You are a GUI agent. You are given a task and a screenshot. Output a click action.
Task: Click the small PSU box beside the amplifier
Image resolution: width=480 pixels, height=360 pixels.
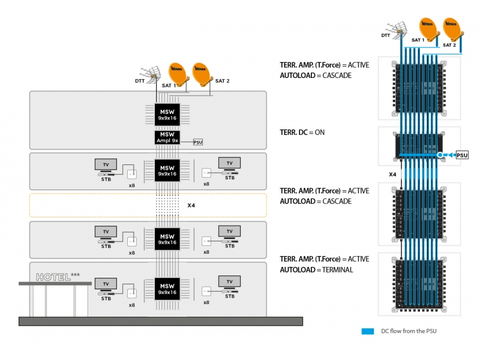pos(198,143)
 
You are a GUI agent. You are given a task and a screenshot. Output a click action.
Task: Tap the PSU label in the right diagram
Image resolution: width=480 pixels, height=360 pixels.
pos(462,155)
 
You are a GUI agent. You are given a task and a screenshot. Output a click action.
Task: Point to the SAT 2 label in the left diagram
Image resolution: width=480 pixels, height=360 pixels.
pos(223,80)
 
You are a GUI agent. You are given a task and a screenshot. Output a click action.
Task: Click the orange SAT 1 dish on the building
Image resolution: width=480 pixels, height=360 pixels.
pos(177,73)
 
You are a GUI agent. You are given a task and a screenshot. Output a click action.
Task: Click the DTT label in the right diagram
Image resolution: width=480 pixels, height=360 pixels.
pos(386,35)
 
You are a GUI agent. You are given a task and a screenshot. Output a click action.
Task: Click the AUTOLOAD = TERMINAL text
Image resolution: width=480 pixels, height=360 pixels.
pos(316,270)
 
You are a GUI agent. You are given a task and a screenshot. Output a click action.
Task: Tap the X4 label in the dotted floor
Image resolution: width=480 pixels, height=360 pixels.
pos(191,205)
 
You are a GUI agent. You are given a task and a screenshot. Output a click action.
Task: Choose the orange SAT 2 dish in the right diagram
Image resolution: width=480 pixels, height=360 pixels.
pos(451,29)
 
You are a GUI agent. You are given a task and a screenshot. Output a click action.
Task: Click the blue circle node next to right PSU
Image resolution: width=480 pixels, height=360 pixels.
pos(440,155)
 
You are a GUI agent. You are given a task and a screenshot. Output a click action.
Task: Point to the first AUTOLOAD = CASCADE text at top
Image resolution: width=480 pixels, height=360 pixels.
pos(316,76)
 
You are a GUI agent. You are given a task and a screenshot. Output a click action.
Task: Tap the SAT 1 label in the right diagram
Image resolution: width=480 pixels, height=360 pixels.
pos(418,40)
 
